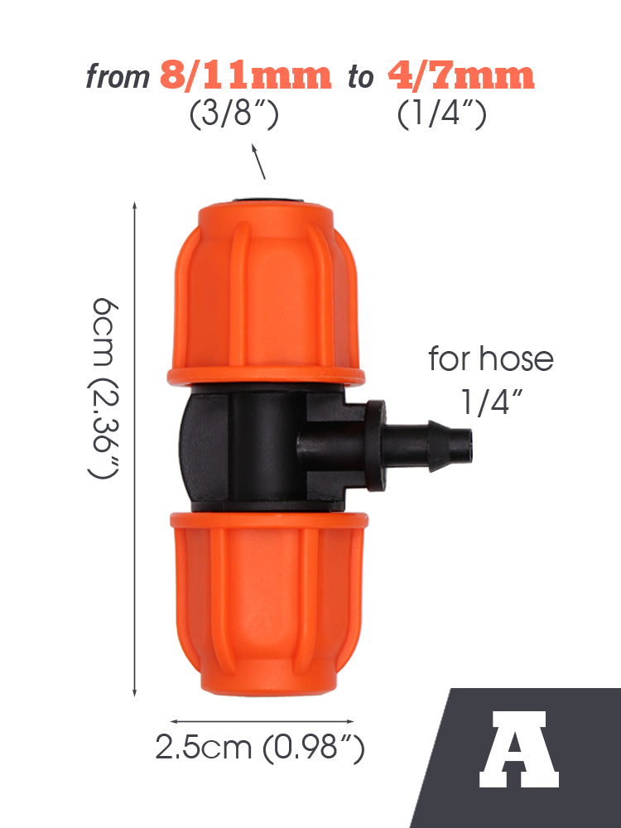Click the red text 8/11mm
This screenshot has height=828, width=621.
point(246,75)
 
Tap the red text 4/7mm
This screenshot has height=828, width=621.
point(461,75)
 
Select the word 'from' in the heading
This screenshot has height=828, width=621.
point(118,76)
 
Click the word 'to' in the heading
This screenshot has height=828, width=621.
point(361,78)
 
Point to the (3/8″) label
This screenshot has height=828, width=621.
point(234,114)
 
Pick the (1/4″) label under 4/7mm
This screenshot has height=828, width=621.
point(441,114)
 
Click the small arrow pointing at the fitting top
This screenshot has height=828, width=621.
point(258,161)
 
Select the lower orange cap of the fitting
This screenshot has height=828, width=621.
point(268,603)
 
